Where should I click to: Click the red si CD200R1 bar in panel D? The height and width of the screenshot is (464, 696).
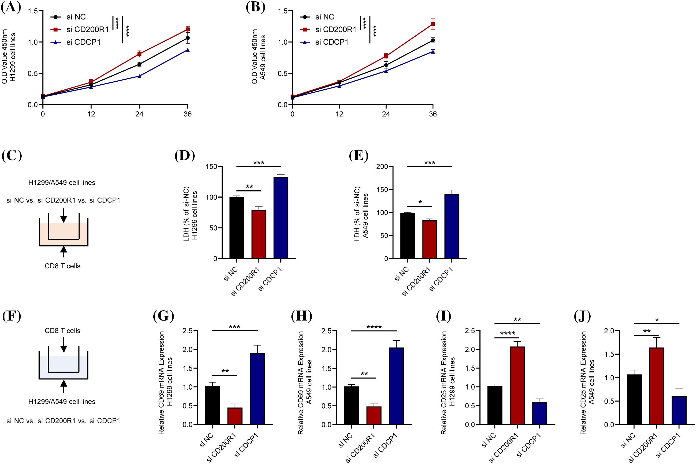click(259, 234)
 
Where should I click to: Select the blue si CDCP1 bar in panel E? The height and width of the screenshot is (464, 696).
click(451, 226)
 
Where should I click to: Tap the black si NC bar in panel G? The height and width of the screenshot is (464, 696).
click(212, 405)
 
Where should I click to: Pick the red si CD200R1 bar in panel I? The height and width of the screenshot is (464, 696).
click(517, 385)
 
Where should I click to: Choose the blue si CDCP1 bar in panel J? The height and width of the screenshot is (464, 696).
click(679, 410)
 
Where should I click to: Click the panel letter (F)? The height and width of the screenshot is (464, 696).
click(12, 316)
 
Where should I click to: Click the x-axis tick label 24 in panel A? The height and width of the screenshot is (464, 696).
click(139, 114)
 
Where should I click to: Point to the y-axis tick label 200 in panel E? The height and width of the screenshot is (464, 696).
click(382, 167)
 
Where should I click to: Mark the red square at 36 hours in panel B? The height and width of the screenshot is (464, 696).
click(433, 24)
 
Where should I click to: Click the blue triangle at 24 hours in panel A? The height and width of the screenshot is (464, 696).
click(139, 76)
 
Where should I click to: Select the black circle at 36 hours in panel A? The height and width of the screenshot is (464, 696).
click(188, 38)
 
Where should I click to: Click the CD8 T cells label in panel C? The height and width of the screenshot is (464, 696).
click(62, 266)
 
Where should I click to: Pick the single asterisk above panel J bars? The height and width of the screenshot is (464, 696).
click(657, 320)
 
